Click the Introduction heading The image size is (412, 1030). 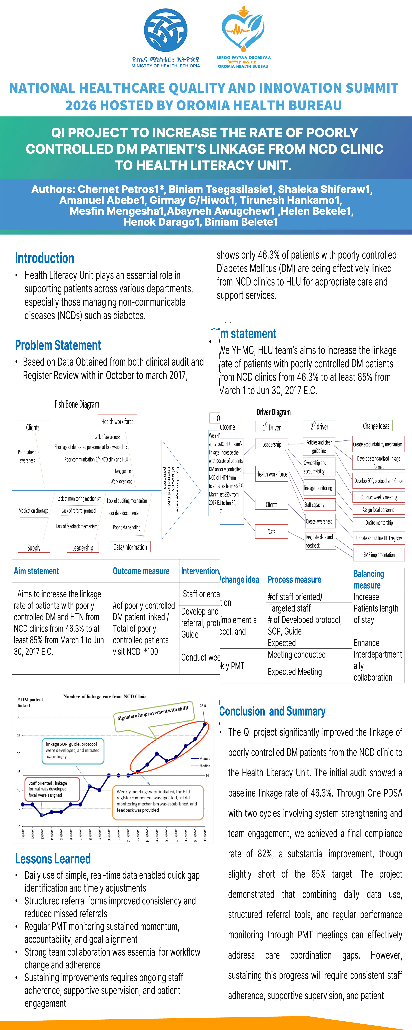(x=44, y=258)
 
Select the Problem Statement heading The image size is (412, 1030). (x=58, y=345)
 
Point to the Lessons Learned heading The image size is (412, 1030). (x=53, y=859)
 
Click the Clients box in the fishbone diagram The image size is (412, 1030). (x=33, y=427)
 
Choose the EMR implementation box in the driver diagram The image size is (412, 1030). (x=379, y=555)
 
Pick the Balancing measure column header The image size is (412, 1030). (x=368, y=579)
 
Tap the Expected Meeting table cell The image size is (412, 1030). (x=295, y=672)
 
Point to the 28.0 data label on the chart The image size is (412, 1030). (x=203, y=706)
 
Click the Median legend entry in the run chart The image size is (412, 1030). (x=205, y=766)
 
